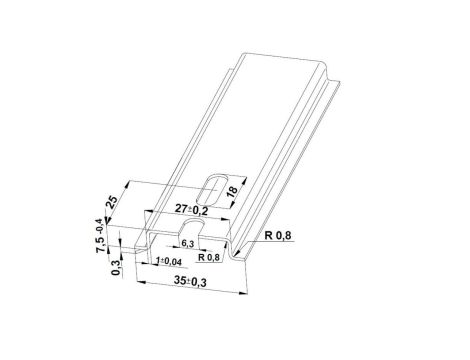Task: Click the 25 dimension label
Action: tap(112, 202)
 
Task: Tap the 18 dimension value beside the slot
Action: tap(232, 192)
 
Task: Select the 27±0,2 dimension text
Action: tap(192, 210)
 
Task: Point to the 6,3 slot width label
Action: tap(188, 244)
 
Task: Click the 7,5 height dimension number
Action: tap(101, 244)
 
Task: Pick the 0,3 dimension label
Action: tap(116, 268)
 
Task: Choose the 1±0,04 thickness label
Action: tap(168, 262)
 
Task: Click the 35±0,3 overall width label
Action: tap(190, 282)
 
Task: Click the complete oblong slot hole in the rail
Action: tap(212, 189)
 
